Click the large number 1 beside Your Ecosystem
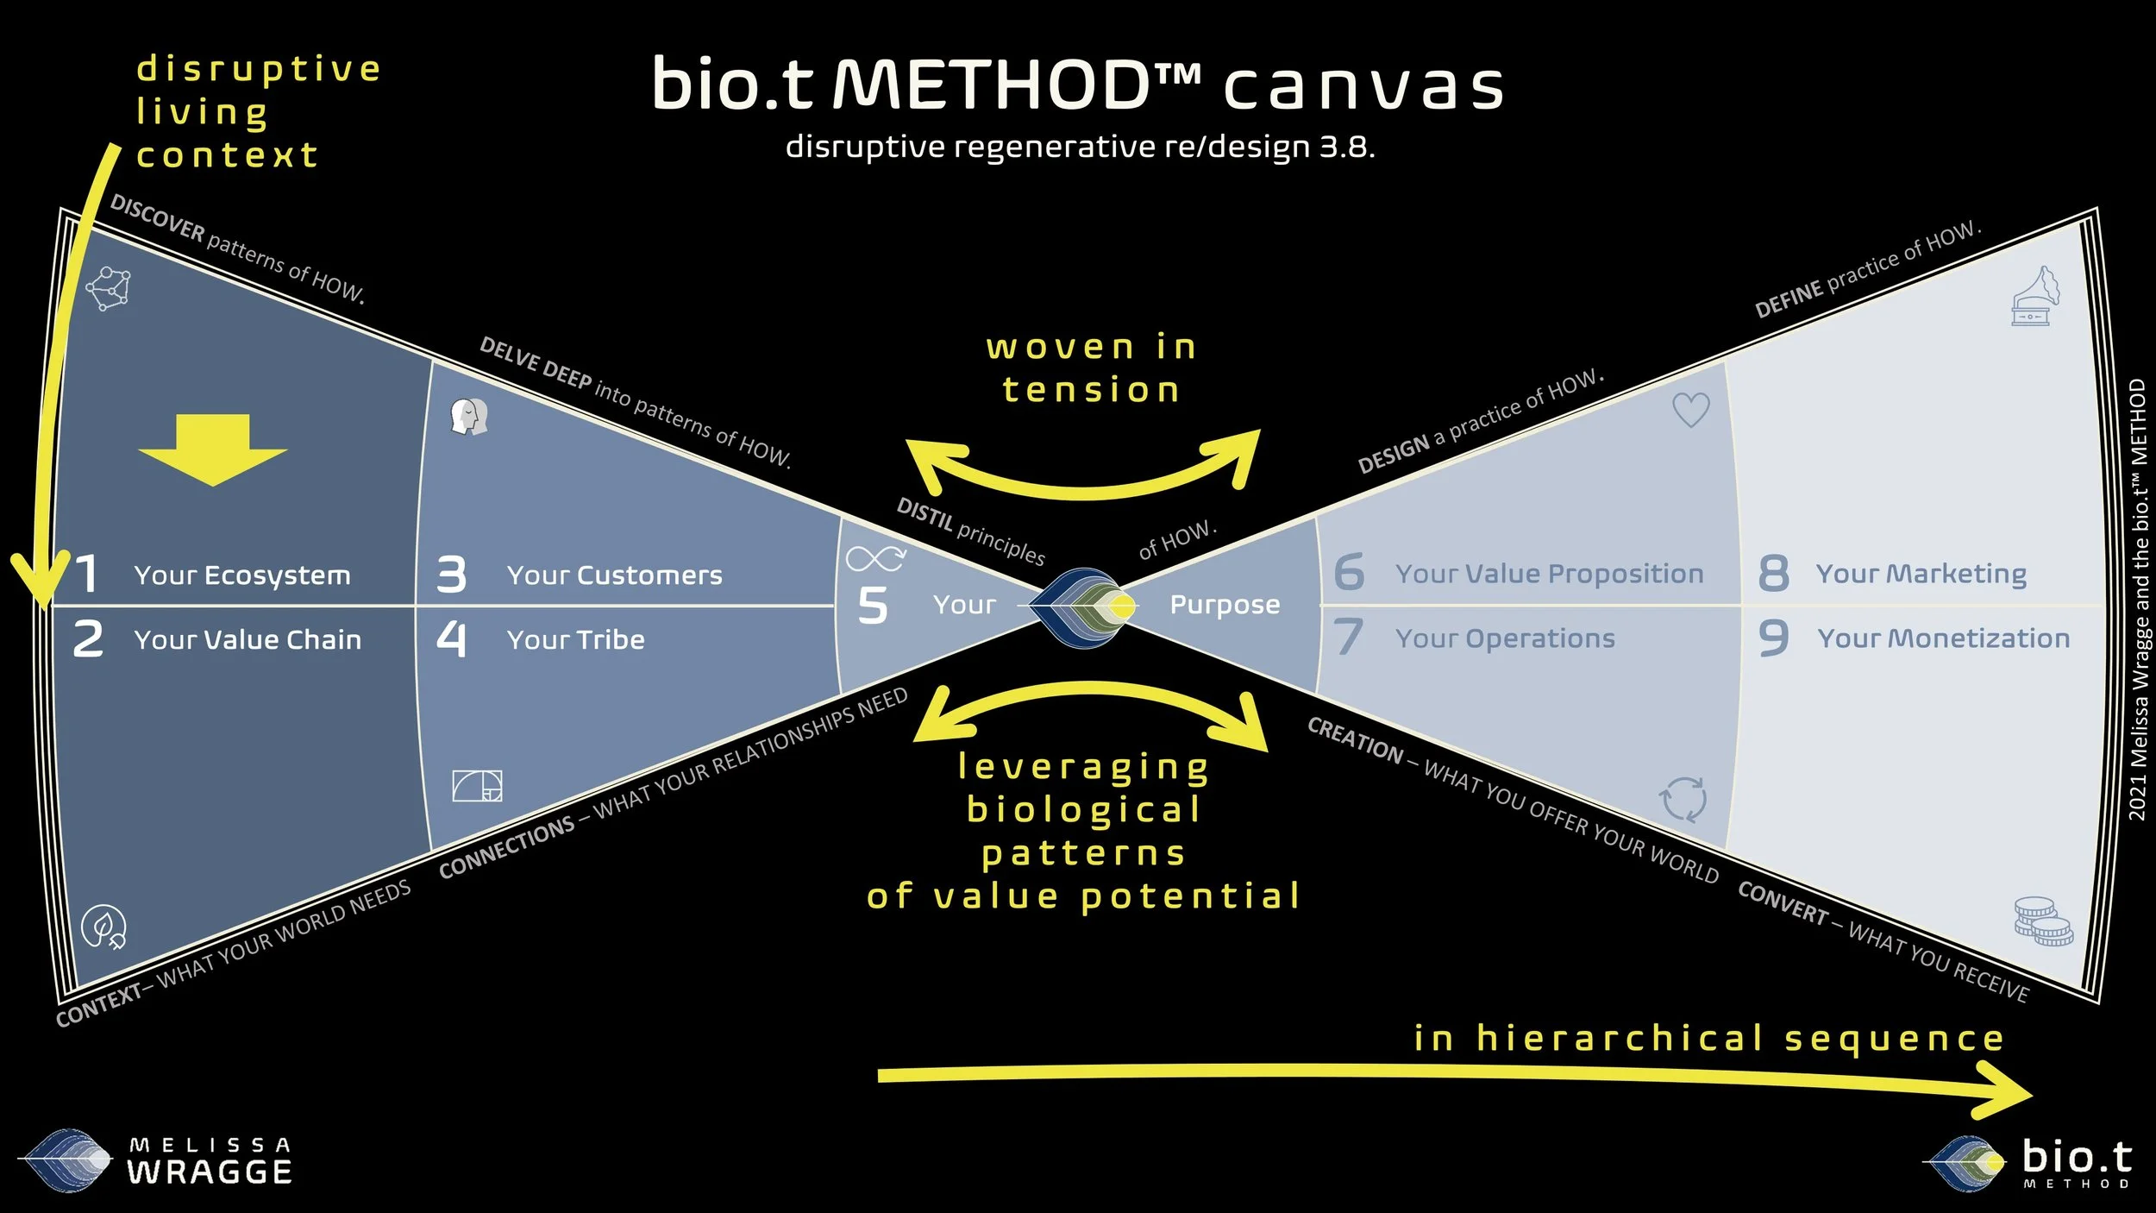pos(87,575)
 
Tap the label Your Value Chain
pos(248,639)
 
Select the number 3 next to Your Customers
pos(451,575)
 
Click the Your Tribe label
pos(575,639)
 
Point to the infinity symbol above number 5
pos(874,558)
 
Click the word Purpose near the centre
pos(1225,605)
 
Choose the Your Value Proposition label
pos(1549,574)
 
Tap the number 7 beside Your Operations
pos(1348,638)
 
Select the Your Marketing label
pos(1921,574)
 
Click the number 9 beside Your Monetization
pos(1773,638)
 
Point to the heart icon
pos(1690,410)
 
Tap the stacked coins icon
pos(2042,921)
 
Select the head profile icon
pos(469,417)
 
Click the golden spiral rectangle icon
pos(477,786)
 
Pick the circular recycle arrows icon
pos(1683,799)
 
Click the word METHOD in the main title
pos(993,85)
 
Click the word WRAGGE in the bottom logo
pos(210,1172)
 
